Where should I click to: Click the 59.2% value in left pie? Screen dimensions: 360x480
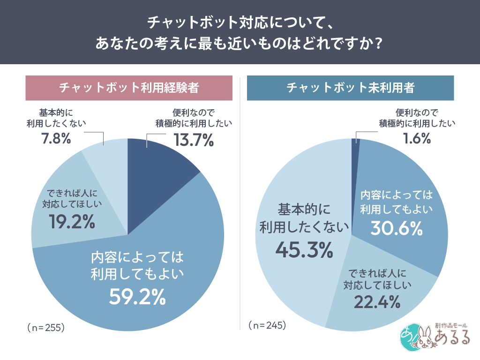pos(137,296)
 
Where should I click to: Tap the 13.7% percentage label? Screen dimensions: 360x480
pos(194,139)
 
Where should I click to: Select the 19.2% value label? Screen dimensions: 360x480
pos(72,222)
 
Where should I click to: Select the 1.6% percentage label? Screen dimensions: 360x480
pos(417,138)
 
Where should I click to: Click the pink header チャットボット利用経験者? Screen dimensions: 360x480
pos(128,88)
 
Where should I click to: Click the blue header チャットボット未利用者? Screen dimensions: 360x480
pos(350,88)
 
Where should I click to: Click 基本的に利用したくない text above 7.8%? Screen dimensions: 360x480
pos(56,118)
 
